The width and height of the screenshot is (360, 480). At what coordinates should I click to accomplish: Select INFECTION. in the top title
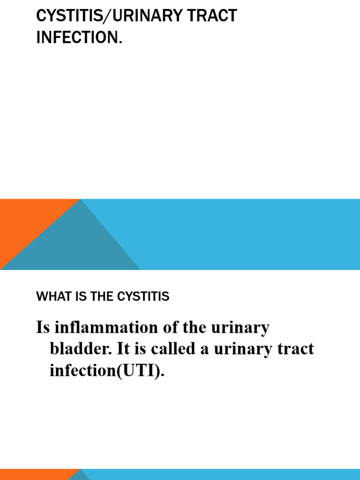pos(79,37)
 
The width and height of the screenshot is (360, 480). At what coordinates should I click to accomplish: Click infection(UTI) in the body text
pos(107,371)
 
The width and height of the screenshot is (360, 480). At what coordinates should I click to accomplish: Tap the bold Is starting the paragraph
pos(42,328)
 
